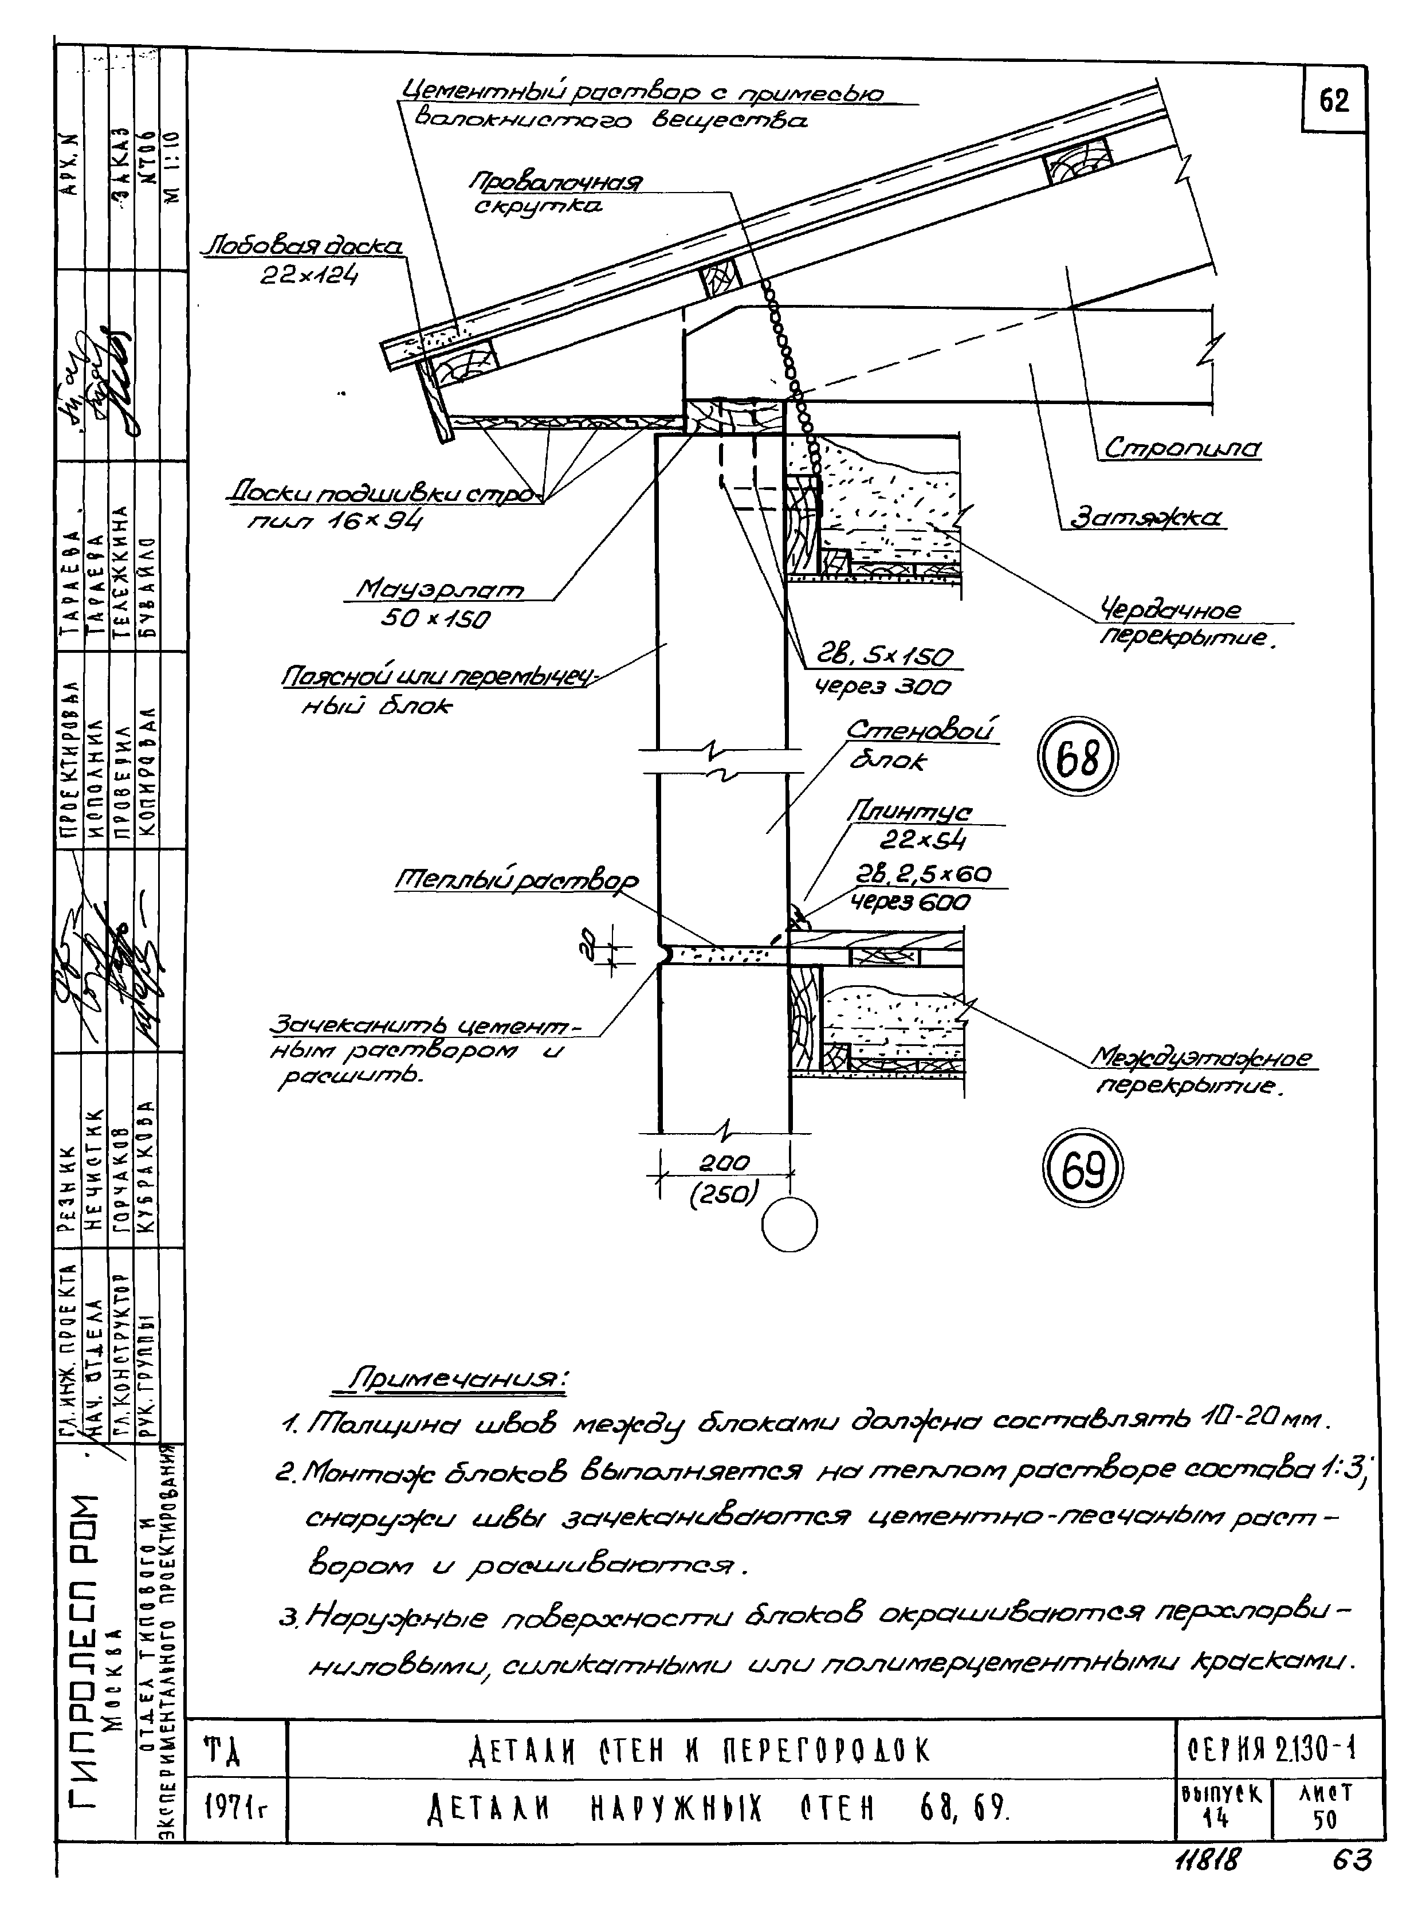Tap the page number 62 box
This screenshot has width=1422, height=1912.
coord(1333,101)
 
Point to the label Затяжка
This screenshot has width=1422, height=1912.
coord(1146,518)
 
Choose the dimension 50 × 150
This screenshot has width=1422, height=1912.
coord(435,619)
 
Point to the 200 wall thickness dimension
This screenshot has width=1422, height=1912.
coord(724,1162)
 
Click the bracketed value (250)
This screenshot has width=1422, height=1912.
coord(724,1194)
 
